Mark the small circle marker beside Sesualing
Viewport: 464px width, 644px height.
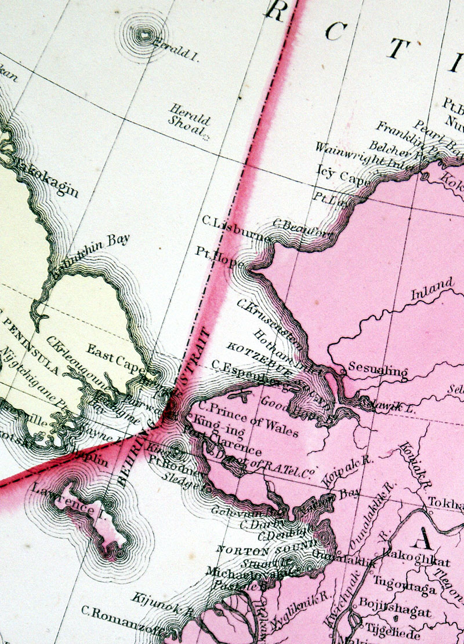click(343, 367)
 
